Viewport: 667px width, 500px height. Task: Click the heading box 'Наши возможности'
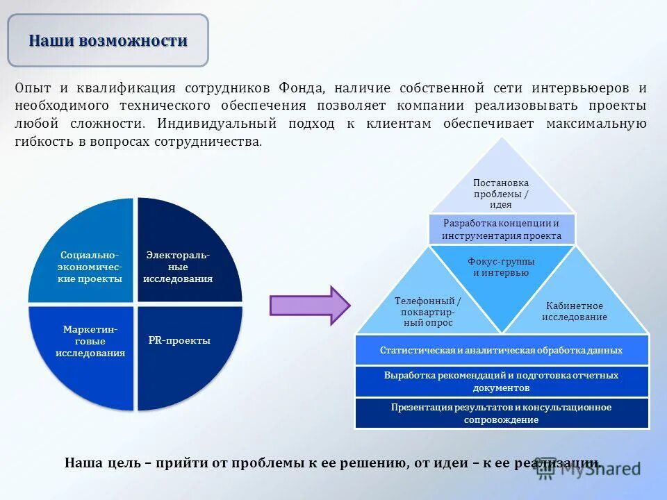point(108,40)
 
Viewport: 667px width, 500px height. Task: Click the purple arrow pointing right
point(310,305)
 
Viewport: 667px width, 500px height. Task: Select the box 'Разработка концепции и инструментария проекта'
point(502,230)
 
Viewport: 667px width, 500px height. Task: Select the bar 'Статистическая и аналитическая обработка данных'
point(502,350)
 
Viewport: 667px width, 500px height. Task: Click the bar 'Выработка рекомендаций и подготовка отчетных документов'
point(502,381)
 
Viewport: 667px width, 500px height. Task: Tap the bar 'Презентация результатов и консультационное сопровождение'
point(502,413)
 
